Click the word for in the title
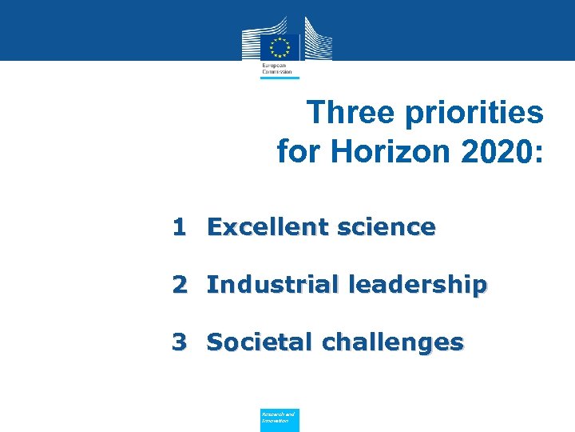pos(297,150)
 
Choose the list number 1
pos(180,227)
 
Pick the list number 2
pos(180,284)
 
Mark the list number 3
pos(180,342)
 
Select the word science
pos(387,227)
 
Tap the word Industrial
pos(272,284)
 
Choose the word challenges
pos(392,342)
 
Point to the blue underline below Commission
pos(280,78)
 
